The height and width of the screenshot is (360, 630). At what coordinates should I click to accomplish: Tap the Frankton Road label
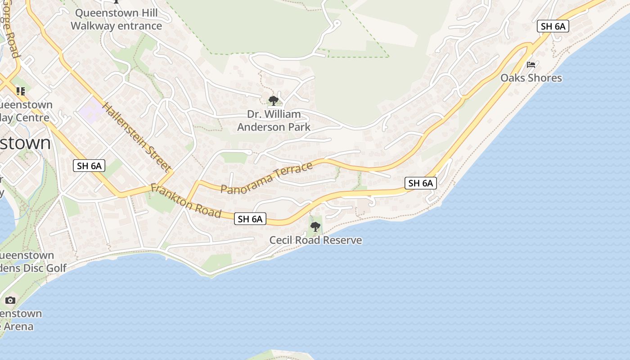pyautogui.click(x=186, y=200)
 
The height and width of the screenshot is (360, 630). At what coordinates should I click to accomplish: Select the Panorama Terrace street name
pyautogui.click(x=266, y=178)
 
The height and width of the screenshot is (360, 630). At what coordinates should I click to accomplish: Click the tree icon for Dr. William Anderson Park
pyautogui.click(x=273, y=100)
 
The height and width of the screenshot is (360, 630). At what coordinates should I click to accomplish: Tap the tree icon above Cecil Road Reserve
pyautogui.click(x=315, y=226)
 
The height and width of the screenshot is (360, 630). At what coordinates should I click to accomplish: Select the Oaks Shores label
pyautogui.click(x=531, y=78)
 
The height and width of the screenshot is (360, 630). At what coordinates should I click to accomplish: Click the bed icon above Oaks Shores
pyautogui.click(x=531, y=65)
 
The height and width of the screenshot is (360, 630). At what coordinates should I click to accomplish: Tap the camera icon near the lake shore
pyautogui.click(x=10, y=300)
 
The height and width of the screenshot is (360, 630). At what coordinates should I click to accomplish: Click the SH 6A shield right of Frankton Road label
pyautogui.click(x=250, y=219)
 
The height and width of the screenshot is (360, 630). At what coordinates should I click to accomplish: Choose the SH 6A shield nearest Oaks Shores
pyautogui.click(x=553, y=26)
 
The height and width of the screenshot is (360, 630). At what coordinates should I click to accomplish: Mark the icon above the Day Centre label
pyautogui.click(x=20, y=91)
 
